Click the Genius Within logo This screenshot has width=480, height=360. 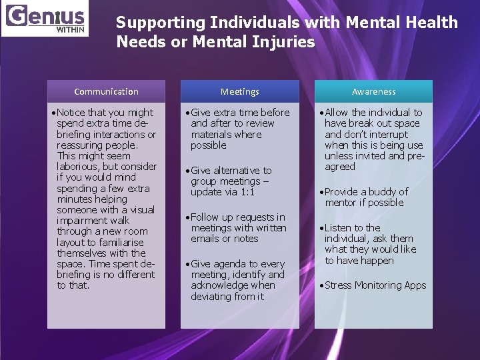click(45, 19)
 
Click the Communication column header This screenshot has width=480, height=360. click(106, 91)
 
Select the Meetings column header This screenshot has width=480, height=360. click(240, 91)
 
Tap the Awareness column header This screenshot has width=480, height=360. click(373, 91)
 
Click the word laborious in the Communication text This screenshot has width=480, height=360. click(79, 167)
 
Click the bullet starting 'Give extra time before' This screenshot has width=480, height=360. click(240, 129)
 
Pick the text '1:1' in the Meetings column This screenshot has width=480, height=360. click(247, 192)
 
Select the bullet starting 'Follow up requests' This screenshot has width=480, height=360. click(237, 228)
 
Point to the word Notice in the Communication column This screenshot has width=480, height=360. click(71, 113)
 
